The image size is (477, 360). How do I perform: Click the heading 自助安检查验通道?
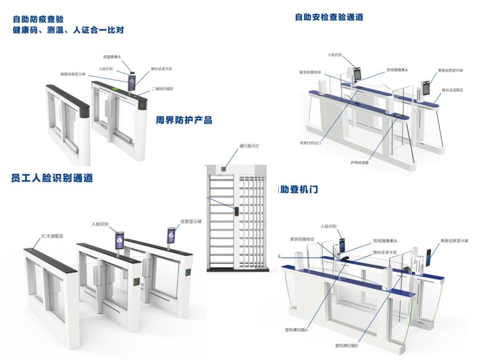(329, 17)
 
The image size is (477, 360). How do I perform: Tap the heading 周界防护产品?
(184, 120)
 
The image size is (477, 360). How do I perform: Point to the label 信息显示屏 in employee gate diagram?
(191, 221)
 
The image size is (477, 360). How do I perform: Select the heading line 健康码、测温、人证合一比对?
(68, 30)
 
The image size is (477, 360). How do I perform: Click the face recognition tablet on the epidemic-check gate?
(129, 82)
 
